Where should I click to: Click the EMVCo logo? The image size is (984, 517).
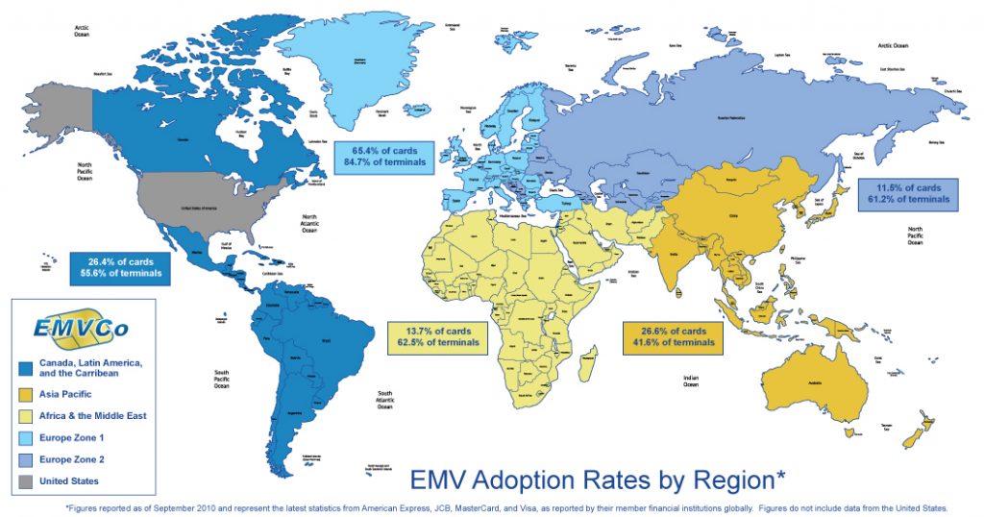(x=81, y=326)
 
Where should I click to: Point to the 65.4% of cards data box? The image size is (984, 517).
(x=383, y=157)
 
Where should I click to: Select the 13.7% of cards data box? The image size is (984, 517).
(x=438, y=336)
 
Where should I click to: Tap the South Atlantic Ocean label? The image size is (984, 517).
(x=384, y=400)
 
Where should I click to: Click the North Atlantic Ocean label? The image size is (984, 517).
(x=308, y=224)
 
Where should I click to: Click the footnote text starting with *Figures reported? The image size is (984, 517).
(x=506, y=505)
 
